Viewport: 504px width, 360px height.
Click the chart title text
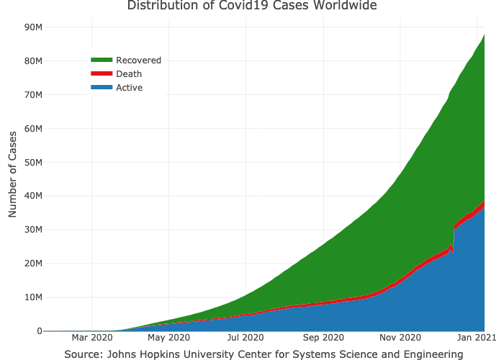click(x=251, y=6)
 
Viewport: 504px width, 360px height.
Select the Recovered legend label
click(x=138, y=60)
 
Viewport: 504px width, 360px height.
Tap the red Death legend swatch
click(x=102, y=74)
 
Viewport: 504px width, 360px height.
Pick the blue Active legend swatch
click(x=102, y=88)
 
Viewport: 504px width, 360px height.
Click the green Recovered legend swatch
click(x=102, y=60)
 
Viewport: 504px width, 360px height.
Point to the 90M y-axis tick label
click(x=34, y=27)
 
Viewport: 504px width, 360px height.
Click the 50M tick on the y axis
click(x=34, y=163)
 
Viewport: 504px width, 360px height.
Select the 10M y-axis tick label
click(x=34, y=297)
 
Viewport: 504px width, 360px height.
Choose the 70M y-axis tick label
click(x=34, y=95)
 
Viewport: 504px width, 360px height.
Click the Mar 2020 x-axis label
click(x=92, y=337)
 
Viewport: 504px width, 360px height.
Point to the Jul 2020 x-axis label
click(x=246, y=337)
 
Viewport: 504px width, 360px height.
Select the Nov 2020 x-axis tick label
click(x=400, y=337)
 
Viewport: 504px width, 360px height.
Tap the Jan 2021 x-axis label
click(x=475, y=337)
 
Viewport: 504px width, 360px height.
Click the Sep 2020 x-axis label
click(x=323, y=337)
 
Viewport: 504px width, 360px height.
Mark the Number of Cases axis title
click(x=12, y=174)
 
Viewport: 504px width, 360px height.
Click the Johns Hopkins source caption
click(x=264, y=354)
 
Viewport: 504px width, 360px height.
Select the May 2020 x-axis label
click(x=168, y=337)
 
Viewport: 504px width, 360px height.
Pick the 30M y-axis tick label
click(x=34, y=230)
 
